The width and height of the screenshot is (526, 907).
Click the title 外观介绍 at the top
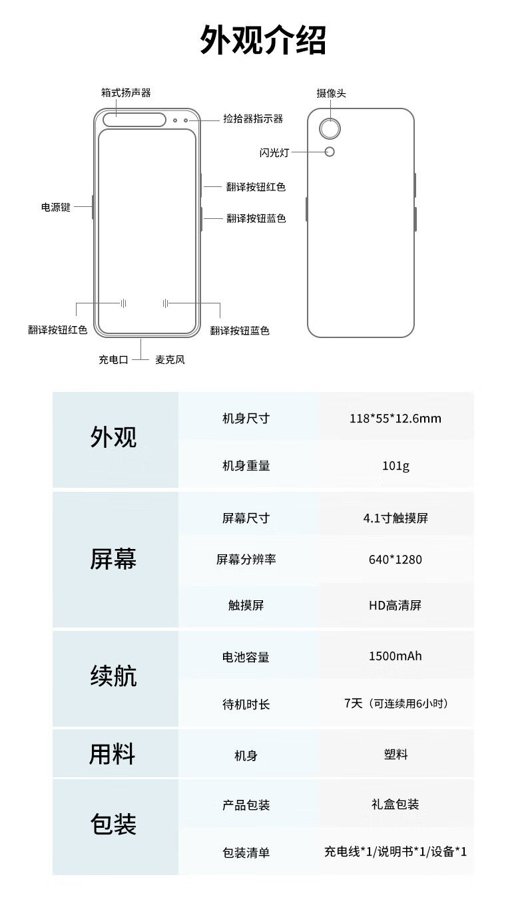click(263, 40)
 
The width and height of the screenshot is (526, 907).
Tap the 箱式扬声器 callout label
click(126, 93)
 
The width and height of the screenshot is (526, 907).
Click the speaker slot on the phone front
click(134, 120)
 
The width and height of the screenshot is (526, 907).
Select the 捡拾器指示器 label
click(253, 119)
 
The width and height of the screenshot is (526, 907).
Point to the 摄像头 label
click(331, 93)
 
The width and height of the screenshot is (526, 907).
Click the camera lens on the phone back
click(330, 128)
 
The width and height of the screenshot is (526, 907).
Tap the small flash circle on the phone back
click(330, 152)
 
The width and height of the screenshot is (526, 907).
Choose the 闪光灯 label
click(274, 152)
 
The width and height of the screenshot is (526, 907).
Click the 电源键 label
click(55, 207)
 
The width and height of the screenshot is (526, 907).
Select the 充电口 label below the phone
click(113, 359)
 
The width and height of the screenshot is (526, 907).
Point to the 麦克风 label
click(170, 359)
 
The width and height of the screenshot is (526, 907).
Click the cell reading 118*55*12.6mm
click(395, 419)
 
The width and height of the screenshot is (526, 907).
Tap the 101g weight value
click(395, 466)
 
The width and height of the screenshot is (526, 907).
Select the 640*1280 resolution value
click(395, 560)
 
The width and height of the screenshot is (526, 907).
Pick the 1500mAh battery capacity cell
click(395, 656)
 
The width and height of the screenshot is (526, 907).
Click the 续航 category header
click(113, 677)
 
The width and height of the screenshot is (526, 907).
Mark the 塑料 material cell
click(395, 755)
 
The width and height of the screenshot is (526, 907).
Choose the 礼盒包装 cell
click(395, 805)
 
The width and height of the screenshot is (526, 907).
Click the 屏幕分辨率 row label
click(246, 560)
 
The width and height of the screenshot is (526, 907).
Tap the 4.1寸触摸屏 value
click(395, 518)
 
